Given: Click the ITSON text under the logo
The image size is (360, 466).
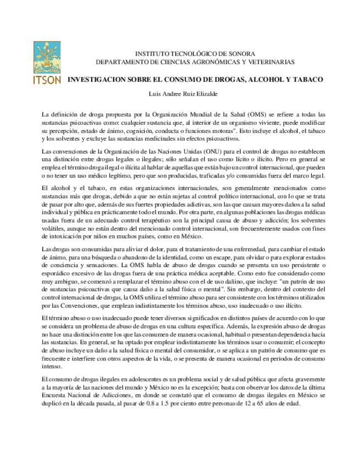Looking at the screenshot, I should (47, 79).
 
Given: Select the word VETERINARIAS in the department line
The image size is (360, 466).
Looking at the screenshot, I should (268, 62).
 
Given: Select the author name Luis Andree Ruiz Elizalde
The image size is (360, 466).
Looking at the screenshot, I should (180, 94).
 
